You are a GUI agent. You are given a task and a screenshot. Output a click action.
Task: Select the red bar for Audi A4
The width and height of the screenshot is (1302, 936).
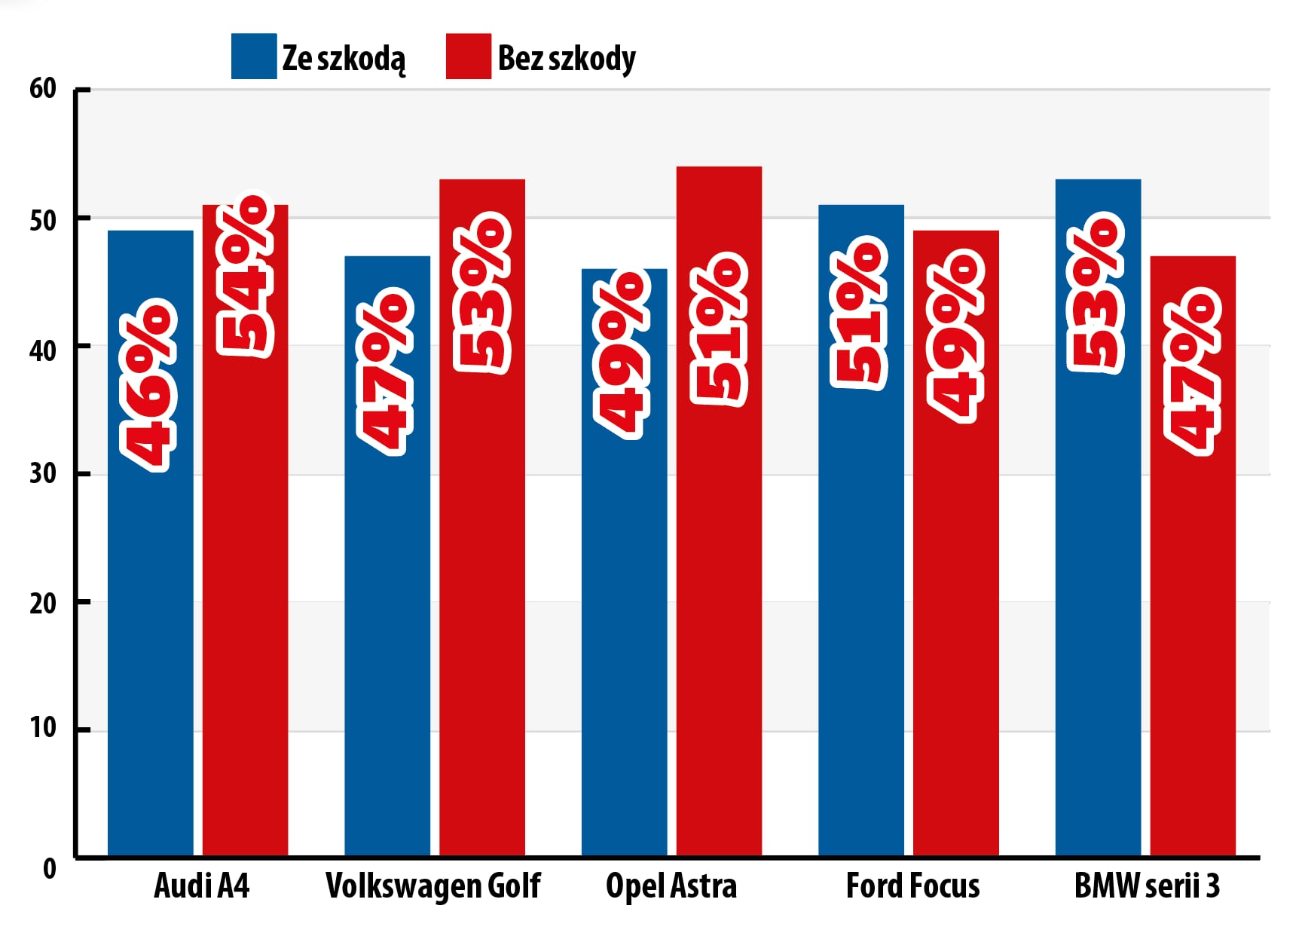[245, 603]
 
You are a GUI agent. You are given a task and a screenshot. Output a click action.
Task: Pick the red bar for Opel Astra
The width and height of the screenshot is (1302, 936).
[719, 603]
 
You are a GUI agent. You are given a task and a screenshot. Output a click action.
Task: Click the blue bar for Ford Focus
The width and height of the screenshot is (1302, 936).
[861, 603]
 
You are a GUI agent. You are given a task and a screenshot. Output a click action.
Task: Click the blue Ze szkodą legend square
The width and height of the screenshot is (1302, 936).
[253, 57]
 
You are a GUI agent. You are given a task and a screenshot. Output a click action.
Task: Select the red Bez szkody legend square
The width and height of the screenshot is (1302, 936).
[468, 57]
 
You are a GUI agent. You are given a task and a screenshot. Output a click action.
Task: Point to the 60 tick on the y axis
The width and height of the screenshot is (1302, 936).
[43, 89]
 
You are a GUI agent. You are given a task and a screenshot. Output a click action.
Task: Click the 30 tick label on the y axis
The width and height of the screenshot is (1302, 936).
[43, 474]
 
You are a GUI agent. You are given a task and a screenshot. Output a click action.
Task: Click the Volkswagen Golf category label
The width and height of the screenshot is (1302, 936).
[433, 886]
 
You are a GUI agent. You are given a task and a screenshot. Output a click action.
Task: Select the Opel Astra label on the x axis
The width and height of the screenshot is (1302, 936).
[671, 886]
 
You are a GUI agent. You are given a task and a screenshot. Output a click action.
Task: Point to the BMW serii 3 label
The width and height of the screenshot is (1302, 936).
[1146, 886]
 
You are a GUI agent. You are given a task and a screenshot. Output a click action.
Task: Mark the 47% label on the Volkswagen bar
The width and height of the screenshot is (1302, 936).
[385, 371]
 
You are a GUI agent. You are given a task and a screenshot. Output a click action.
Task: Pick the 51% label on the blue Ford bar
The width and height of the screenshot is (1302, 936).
[858, 313]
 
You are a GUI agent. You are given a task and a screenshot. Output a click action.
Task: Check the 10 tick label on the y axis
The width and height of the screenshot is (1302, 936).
[43, 728]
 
